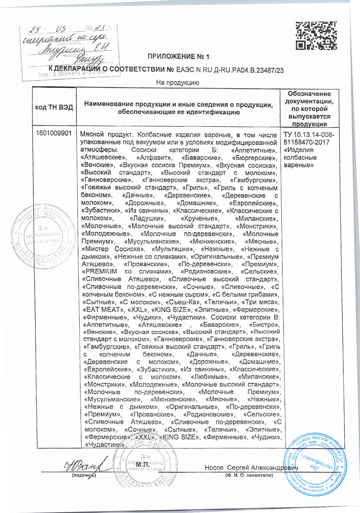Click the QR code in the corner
pos(316,35)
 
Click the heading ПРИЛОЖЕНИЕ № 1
pos(178,57)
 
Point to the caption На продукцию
pos(178,83)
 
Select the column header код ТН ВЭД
pos(54,107)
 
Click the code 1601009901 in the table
pos(54,134)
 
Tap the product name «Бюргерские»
pos(254,157)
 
